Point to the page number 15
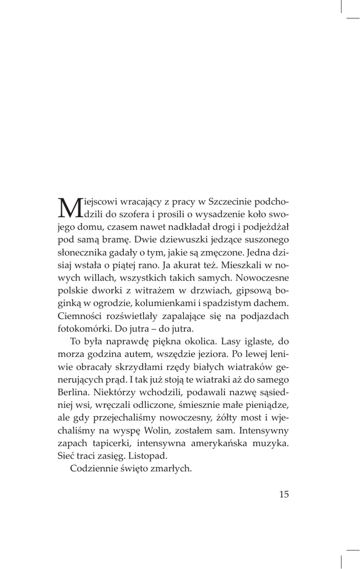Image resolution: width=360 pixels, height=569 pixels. (x=283, y=495)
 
